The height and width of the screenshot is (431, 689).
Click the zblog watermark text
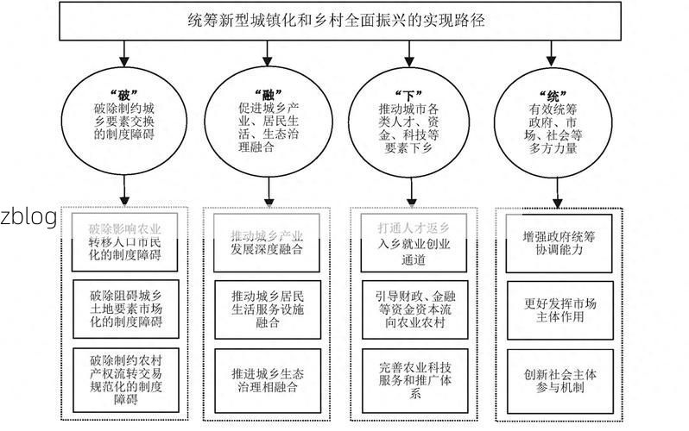[28, 216]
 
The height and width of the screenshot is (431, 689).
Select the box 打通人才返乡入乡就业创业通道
[414, 240]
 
